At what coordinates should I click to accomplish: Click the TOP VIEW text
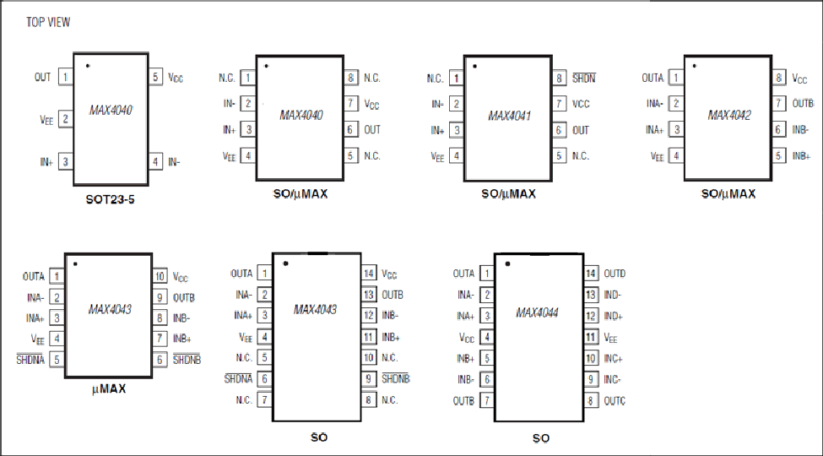pos(48,22)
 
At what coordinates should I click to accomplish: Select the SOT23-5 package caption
pos(111,199)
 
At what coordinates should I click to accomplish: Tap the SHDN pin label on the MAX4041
pos(583,79)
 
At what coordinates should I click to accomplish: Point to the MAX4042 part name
pos(729,115)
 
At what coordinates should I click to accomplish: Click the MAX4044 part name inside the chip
pos(537,312)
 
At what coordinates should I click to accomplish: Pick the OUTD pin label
pos(615,274)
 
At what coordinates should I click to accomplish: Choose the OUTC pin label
pos(615,401)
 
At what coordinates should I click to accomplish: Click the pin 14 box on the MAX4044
pos(591,274)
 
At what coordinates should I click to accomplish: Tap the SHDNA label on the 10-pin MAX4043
pos(30,360)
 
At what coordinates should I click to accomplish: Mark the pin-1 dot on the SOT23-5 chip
pos(88,66)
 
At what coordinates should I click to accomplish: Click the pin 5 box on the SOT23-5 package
pos(155,77)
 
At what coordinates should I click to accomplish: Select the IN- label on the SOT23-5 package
pos(174,162)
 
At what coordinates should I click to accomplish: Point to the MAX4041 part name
pos(509,116)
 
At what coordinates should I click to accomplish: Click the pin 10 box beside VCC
pos(160,276)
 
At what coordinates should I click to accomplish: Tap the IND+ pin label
pos(613,317)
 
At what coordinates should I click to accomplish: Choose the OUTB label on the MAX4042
pos(803,104)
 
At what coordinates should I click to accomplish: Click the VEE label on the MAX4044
pos(610,338)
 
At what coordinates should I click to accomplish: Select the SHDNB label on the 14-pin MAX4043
pos(395,379)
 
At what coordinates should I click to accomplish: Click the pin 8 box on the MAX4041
pos(560,79)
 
